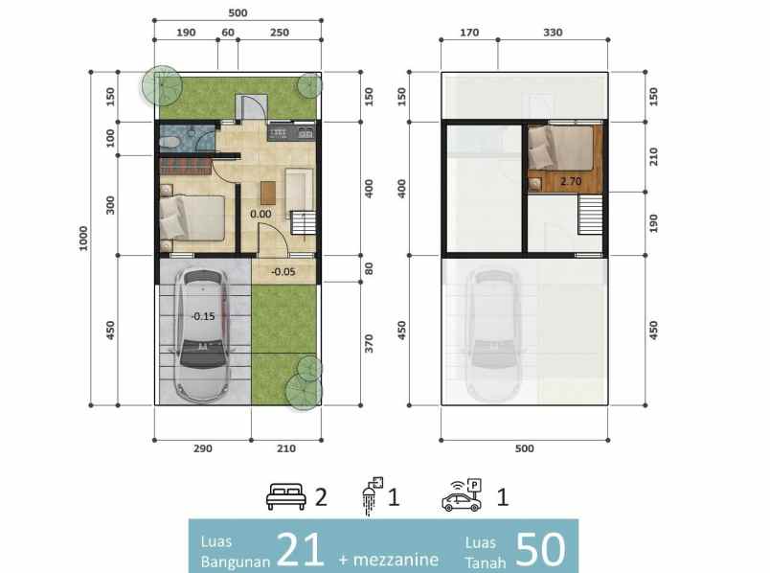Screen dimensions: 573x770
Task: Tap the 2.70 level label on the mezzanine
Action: pyautogui.click(x=570, y=179)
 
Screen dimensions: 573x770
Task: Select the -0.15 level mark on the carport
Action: pyautogui.click(x=202, y=316)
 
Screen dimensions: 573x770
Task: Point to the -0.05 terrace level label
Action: pyautogui.click(x=283, y=271)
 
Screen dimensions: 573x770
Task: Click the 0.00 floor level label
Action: pyautogui.click(x=260, y=214)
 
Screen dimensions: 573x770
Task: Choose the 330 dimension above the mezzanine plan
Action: pyautogui.click(x=553, y=33)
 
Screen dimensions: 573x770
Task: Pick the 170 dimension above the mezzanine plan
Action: pyautogui.click(x=469, y=33)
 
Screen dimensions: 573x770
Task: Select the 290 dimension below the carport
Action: pyautogui.click(x=202, y=447)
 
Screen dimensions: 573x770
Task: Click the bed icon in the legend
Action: pyautogui.click(x=286, y=497)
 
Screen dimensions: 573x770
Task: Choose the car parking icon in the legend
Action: pyautogui.click(x=461, y=495)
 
